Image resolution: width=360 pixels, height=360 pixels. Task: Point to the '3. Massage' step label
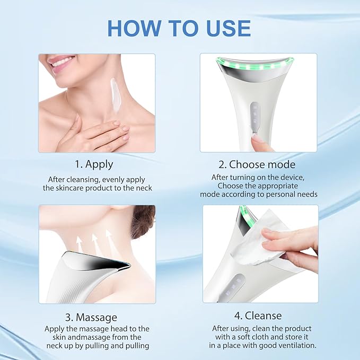pos(91,317)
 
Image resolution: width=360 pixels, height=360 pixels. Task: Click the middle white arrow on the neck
pos(95,241)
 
